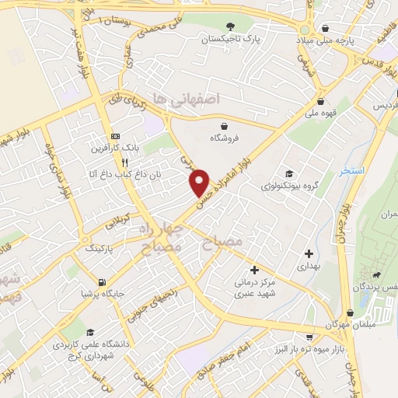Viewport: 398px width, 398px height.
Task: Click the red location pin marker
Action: pos(200,181)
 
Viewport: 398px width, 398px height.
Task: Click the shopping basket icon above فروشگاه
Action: pos(225,126)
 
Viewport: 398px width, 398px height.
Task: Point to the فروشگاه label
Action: pos(225,138)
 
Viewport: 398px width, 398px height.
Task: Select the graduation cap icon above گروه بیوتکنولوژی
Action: pos(289,173)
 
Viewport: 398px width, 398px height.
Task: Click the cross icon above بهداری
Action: pos(309,253)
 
